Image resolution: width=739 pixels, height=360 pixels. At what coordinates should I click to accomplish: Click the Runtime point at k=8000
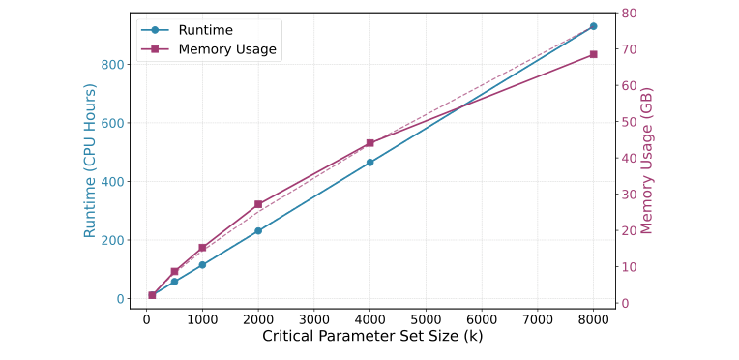point(593,26)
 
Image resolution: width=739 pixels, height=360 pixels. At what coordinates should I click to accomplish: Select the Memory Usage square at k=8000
point(593,54)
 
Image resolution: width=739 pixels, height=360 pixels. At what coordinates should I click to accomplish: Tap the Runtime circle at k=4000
point(369,163)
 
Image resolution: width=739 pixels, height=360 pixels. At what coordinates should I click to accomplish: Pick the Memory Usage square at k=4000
point(369,143)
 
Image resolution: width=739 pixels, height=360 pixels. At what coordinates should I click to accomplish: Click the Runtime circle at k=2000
point(258,231)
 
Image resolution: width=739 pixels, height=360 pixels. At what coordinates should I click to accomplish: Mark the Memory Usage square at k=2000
point(258,204)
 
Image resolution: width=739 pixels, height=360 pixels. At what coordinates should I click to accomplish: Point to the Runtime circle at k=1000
point(202,264)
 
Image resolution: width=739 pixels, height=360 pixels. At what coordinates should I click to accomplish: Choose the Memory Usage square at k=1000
point(202,248)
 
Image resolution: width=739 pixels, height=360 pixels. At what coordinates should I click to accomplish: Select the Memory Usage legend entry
point(227,49)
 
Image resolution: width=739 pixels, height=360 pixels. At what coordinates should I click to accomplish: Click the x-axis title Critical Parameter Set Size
point(372,337)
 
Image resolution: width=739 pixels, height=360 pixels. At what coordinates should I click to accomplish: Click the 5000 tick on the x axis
point(426,318)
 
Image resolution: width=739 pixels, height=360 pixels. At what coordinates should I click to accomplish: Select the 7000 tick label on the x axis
point(537,318)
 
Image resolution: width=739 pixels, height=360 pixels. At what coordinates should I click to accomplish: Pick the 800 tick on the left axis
point(112,65)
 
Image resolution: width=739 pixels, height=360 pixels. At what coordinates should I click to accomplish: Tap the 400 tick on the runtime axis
point(112,182)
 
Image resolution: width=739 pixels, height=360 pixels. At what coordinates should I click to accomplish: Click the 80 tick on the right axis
point(628,14)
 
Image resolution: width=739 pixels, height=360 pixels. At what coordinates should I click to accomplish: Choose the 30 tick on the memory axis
point(628,195)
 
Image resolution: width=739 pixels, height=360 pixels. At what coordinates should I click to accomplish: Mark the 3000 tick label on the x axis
point(313,318)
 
